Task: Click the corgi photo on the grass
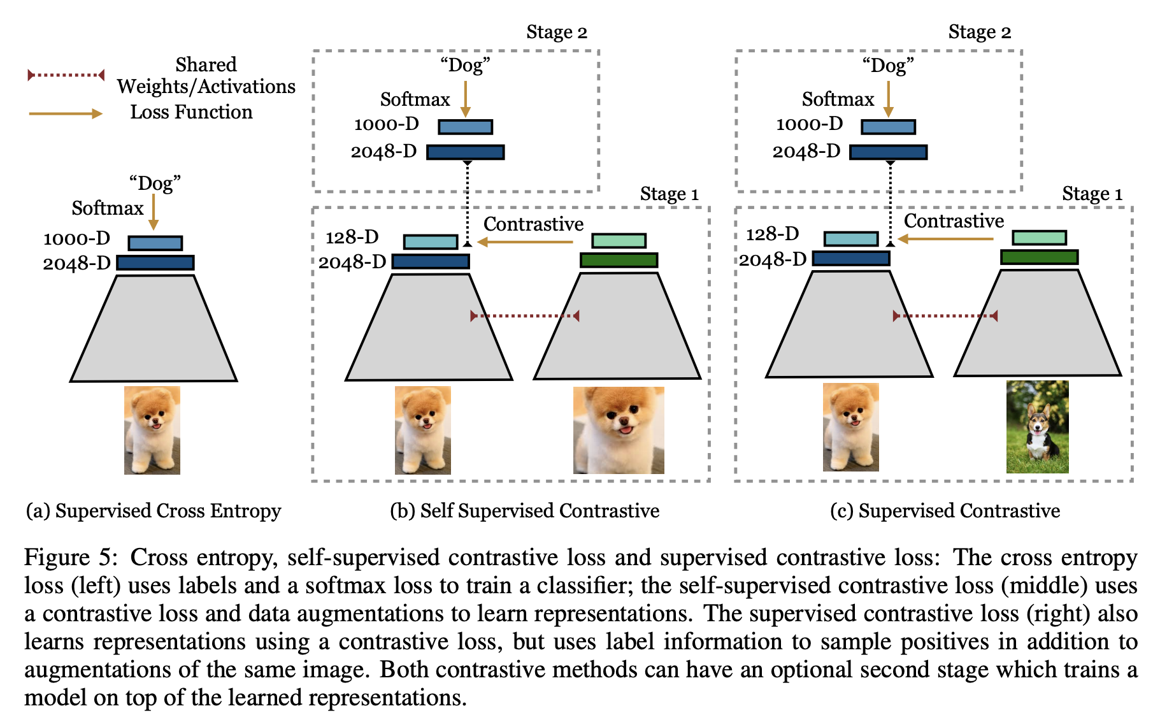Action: coord(1037,427)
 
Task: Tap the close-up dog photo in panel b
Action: coord(619,430)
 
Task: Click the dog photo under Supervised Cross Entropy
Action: coord(152,430)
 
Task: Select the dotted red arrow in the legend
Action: coord(66,75)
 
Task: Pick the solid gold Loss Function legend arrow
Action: coord(66,113)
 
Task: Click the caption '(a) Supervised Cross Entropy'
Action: coord(154,511)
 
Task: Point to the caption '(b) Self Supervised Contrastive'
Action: coord(524,511)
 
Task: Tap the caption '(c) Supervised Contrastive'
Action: coord(945,511)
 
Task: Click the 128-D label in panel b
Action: coord(352,238)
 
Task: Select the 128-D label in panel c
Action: coord(772,234)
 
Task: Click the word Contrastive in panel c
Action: coord(954,221)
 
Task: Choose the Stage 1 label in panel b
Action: coord(669,194)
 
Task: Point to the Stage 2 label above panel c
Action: coord(979,32)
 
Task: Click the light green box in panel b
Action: coord(619,241)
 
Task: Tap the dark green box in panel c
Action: coord(1039,257)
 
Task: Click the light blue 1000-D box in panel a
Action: coord(155,243)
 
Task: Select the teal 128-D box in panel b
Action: coord(431,242)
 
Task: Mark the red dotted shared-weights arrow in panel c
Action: coord(945,316)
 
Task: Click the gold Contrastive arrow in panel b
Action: coord(526,242)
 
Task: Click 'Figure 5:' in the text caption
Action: coord(70,558)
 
